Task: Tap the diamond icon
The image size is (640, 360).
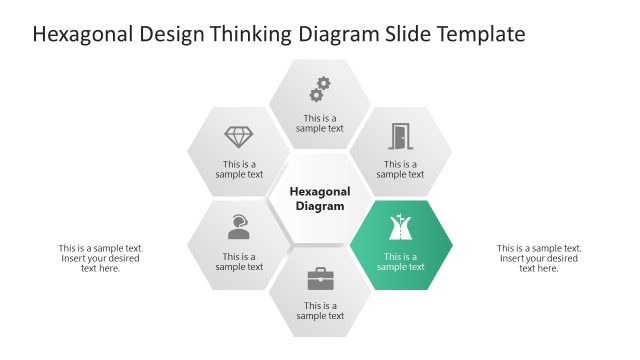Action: pyautogui.click(x=239, y=137)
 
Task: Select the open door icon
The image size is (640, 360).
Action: pyautogui.click(x=400, y=137)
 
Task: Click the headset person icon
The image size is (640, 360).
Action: pyautogui.click(x=239, y=227)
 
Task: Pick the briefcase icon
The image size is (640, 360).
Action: pyautogui.click(x=320, y=278)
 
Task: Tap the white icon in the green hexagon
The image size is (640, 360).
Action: pyautogui.click(x=400, y=229)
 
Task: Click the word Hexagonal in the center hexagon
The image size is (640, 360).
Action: pyautogui.click(x=320, y=191)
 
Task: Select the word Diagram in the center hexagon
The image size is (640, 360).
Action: pyautogui.click(x=320, y=207)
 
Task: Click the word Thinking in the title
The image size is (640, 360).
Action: pyautogui.click(x=249, y=35)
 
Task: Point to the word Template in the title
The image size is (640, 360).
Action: pyautogui.click(x=476, y=35)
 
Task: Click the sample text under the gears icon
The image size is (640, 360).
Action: pyautogui.click(x=320, y=123)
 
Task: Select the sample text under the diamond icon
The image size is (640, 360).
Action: pyautogui.click(x=239, y=170)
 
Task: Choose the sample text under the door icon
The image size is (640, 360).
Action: pyautogui.click(x=400, y=170)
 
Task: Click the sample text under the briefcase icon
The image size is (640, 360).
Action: pyautogui.click(x=320, y=311)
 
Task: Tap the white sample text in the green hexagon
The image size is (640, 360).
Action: pyautogui.click(x=400, y=262)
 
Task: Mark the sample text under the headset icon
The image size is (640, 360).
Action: pyautogui.click(x=239, y=262)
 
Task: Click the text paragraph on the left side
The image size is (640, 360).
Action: pyautogui.click(x=101, y=258)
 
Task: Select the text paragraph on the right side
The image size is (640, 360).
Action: pyautogui.click(x=539, y=258)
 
